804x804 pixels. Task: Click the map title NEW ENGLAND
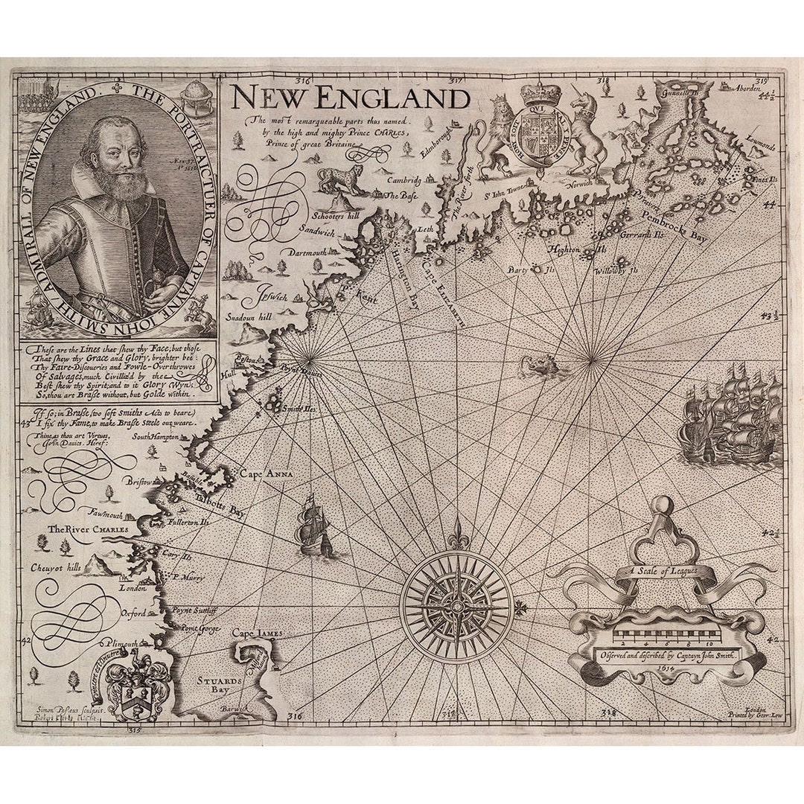tap(349, 98)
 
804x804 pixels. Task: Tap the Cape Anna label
tap(266, 473)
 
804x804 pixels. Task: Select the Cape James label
tap(257, 633)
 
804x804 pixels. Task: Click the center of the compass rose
tap(456, 607)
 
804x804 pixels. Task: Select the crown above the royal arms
tap(543, 95)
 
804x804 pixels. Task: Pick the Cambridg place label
tap(402, 180)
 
